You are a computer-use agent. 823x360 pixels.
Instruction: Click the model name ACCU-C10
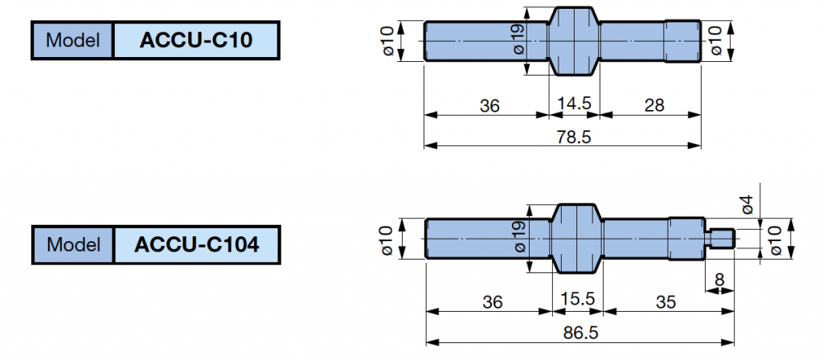[x=197, y=41]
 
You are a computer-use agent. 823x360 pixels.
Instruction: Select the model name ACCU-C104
[x=197, y=245]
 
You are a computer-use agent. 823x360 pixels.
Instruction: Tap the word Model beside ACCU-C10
[x=72, y=41]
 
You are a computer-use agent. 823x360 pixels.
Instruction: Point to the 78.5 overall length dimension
[x=574, y=137]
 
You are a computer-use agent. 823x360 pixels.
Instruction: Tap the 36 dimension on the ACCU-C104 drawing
[x=493, y=301]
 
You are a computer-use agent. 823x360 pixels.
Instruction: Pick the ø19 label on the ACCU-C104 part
[x=518, y=238]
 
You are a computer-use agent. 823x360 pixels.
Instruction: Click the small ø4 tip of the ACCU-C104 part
[x=721, y=238]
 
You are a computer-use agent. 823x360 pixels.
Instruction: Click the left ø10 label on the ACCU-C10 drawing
[x=387, y=41]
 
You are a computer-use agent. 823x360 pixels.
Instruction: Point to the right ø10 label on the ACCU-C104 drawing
[x=775, y=238]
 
